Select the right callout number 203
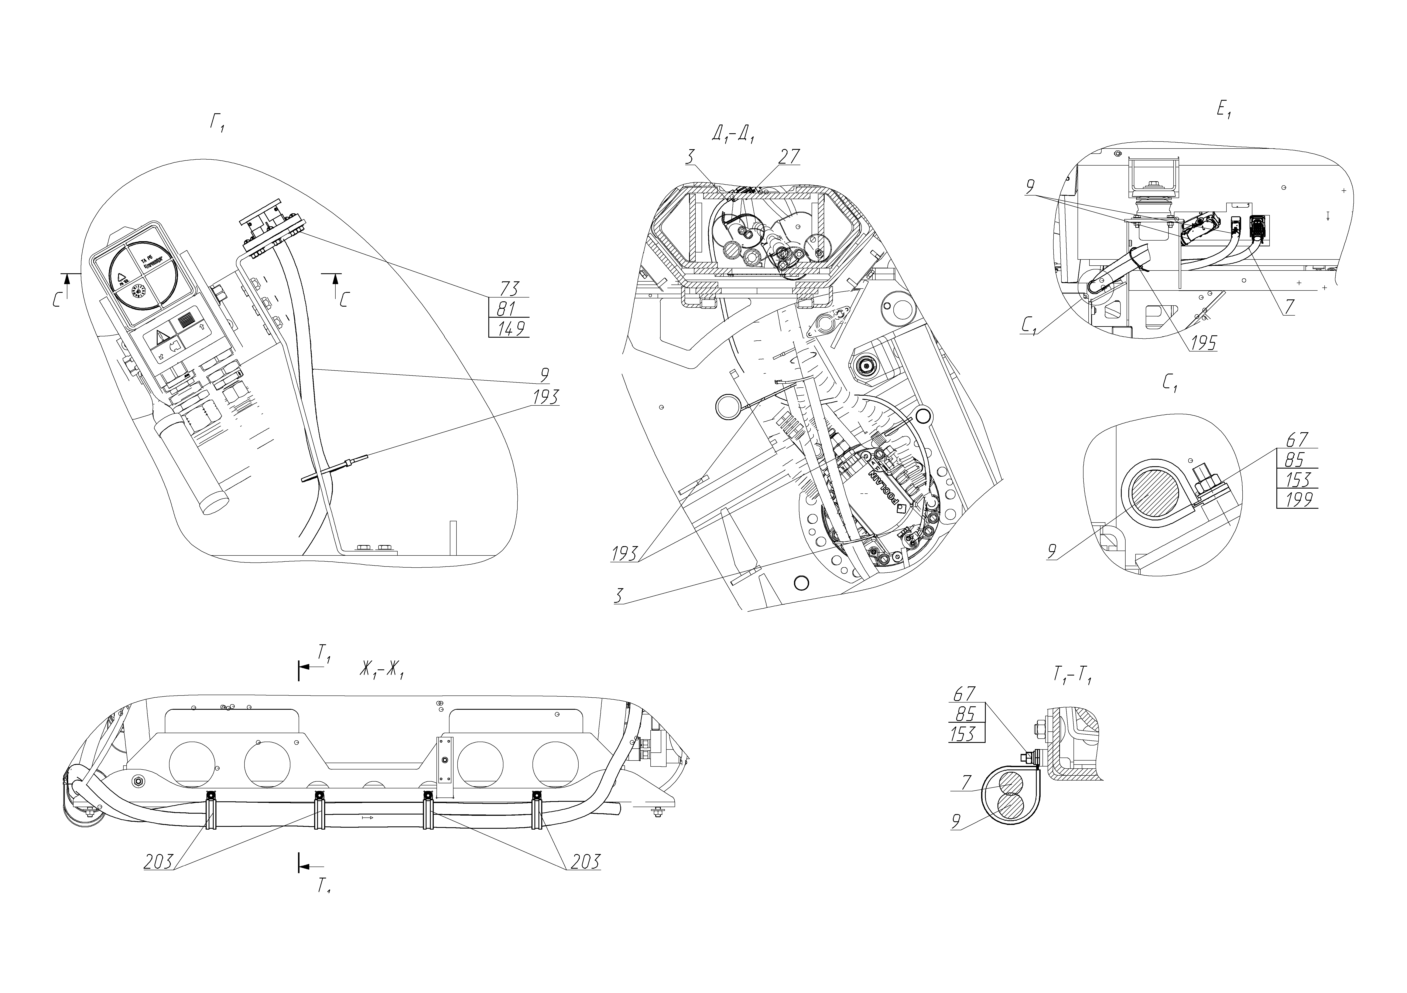pyautogui.click(x=585, y=861)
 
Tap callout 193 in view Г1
pyautogui.click(x=545, y=397)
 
